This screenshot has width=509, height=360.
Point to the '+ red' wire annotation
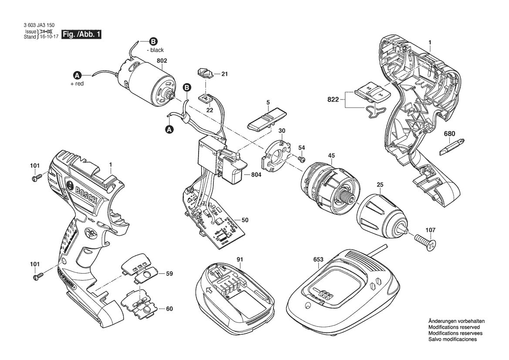click(77, 84)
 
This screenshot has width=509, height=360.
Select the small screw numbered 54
click(300, 160)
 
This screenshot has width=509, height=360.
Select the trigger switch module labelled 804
click(220, 161)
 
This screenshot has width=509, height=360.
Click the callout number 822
click(333, 100)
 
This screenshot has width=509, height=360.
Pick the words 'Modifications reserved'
click(454, 327)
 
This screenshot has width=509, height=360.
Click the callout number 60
click(169, 309)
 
